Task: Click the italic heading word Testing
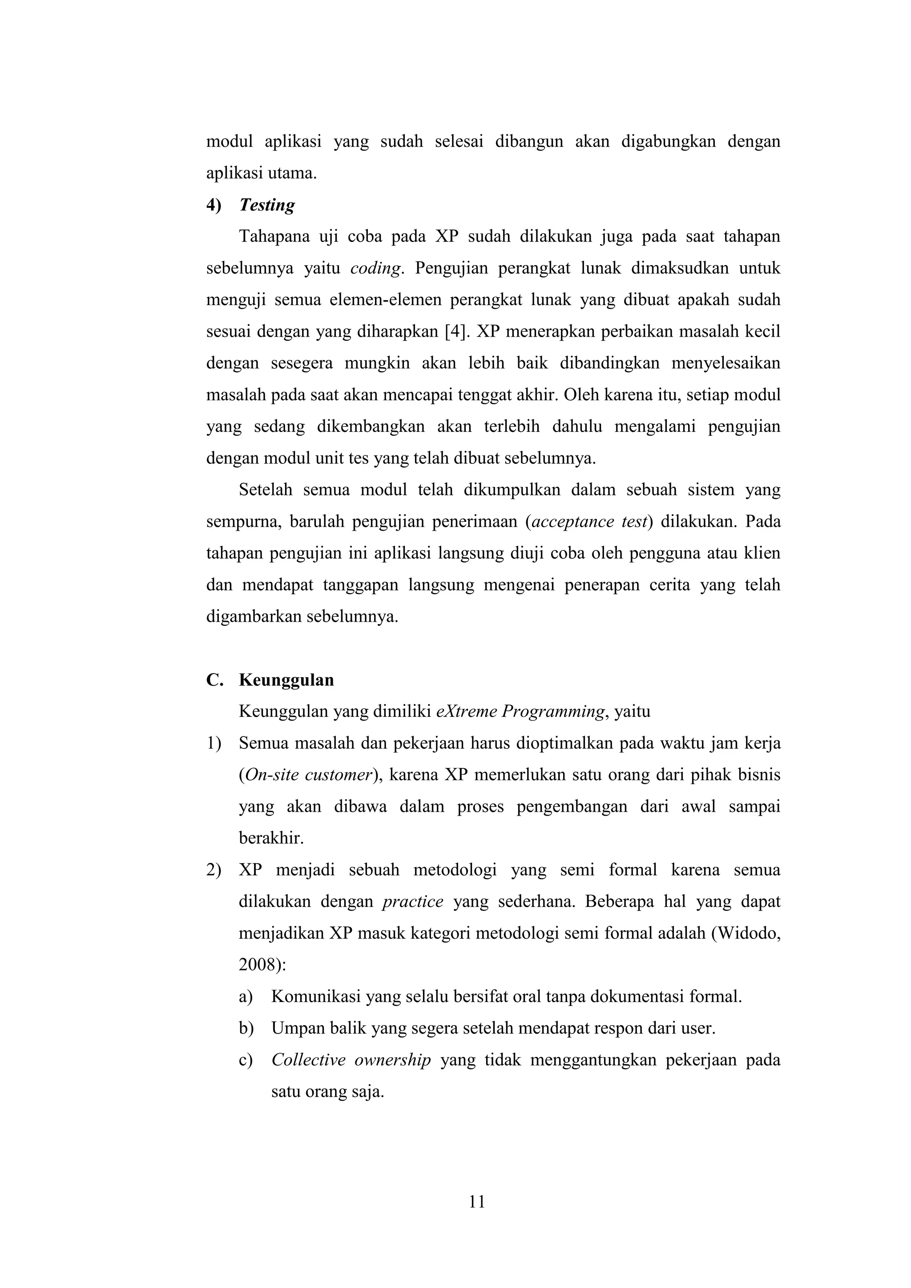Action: click(x=266, y=205)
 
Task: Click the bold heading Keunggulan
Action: click(x=286, y=680)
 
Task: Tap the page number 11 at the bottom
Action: click(x=477, y=1202)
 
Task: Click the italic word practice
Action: click(x=412, y=902)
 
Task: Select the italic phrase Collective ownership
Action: click(x=351, y=1060)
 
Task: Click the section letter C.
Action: click(x=214, y=680)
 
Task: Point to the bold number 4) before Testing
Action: click(x=214, y=205)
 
